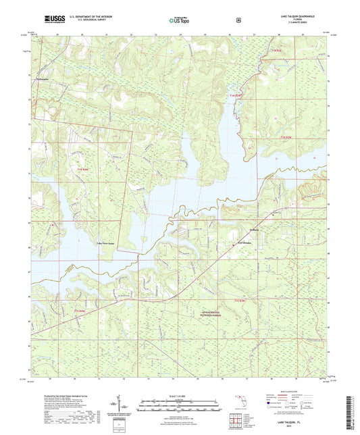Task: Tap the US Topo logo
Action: click(179, 20)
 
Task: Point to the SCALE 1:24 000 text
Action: click(180, 396)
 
